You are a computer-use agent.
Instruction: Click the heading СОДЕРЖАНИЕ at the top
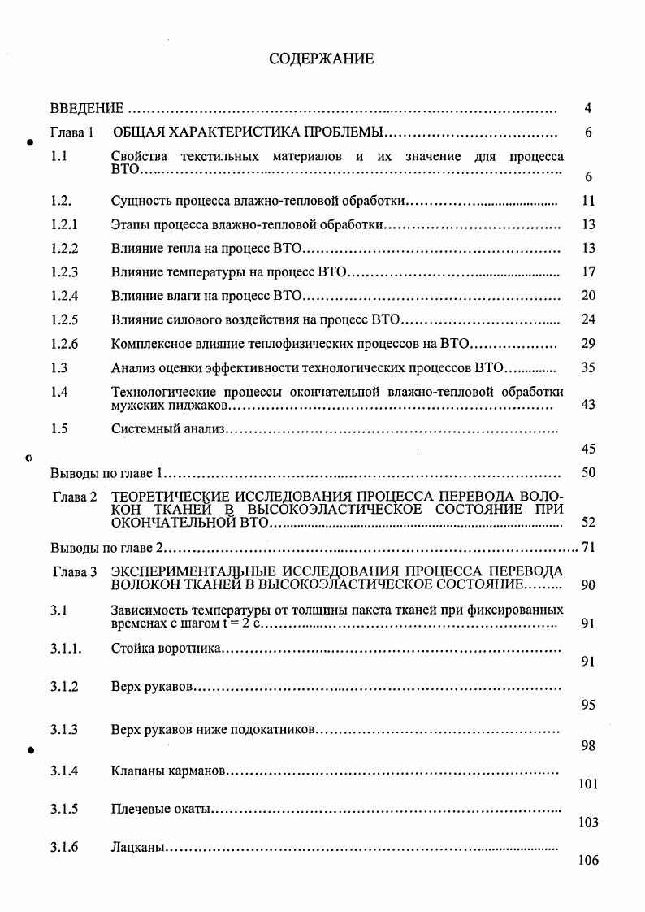click(x=322, y=59)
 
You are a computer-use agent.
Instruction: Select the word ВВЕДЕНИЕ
click(x=87, y=108)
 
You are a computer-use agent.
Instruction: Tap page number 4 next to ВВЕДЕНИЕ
click(x=588, y=108)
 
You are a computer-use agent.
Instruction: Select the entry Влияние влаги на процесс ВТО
click(x=206, y=295)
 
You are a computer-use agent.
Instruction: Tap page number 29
click(x=589, y=344)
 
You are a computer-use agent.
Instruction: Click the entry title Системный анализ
click(x=167, y=428)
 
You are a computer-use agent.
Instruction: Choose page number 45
click(x=589, y=449)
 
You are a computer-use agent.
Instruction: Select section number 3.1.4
click(x=64, y=770)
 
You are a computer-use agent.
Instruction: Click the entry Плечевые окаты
click(x=161, y=809)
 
